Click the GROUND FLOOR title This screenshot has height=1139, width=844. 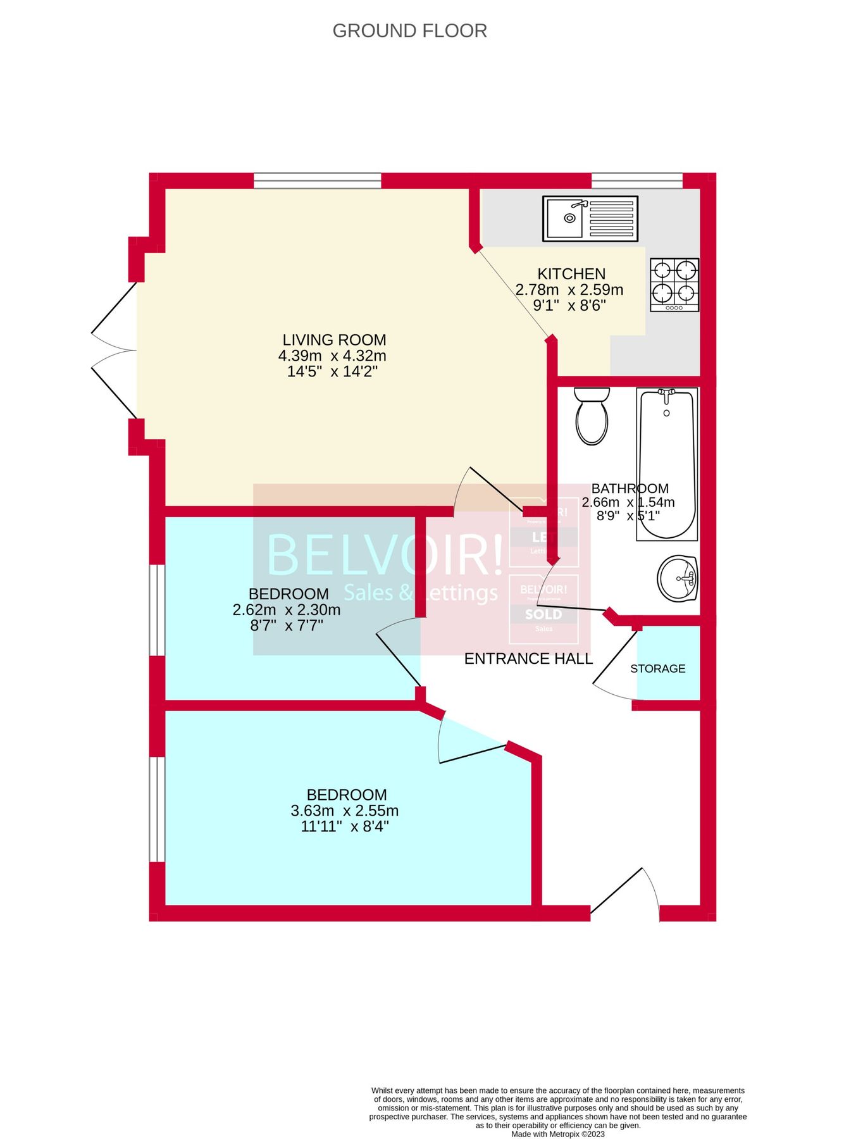409,31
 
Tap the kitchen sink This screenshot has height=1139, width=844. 590,218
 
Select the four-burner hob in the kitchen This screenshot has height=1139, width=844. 674,285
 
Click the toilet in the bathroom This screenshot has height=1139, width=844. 592,416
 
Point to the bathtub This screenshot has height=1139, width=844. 667,463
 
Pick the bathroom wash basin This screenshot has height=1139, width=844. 677,578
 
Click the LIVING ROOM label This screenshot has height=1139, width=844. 334,340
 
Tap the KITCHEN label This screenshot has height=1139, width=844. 571,274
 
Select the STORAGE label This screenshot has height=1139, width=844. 657,669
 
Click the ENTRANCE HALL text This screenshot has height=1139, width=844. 528,659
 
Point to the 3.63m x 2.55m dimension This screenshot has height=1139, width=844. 345,811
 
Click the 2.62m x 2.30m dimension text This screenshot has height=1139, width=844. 287,610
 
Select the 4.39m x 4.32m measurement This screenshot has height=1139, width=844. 332,356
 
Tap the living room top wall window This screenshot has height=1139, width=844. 318,181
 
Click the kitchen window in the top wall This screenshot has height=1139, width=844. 637,181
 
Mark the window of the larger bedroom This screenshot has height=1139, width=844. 156,809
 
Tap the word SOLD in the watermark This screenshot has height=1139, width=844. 543,614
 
